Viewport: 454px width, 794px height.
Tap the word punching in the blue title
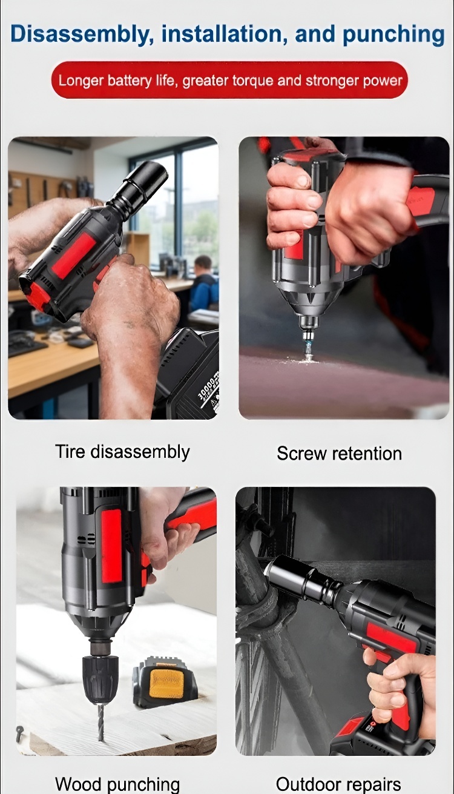393,35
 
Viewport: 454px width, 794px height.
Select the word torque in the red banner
252,81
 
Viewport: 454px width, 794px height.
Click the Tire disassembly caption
122,452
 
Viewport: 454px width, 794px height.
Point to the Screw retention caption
339,454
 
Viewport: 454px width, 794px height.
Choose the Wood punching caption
117,784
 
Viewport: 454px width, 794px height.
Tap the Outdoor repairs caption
338,784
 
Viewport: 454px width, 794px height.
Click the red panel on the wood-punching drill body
111,545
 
